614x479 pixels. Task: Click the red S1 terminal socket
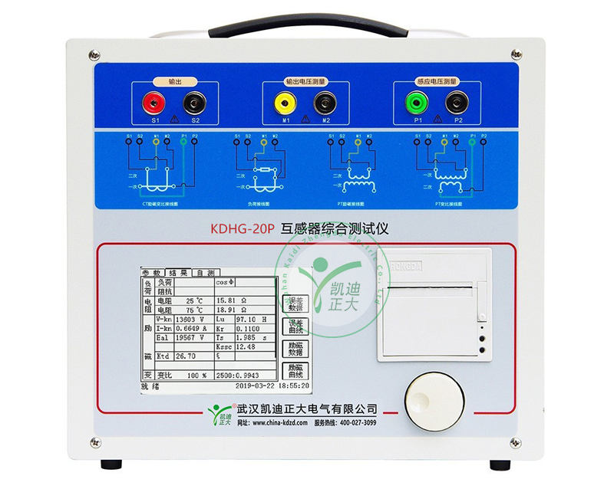point(155,101)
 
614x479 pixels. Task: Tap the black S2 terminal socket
point(193,101)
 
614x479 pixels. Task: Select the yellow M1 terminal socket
point(286,101)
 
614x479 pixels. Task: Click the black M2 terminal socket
point(325,101)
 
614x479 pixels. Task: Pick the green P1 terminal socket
point(418,101)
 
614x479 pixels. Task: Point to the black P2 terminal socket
point(458,101)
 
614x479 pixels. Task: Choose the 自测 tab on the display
point(205,273)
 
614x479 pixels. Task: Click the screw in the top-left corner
point(94,54)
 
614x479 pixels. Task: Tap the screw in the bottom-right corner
point(516,442)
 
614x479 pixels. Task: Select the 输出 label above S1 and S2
point(174,80)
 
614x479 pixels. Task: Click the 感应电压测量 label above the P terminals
point(437,80)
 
